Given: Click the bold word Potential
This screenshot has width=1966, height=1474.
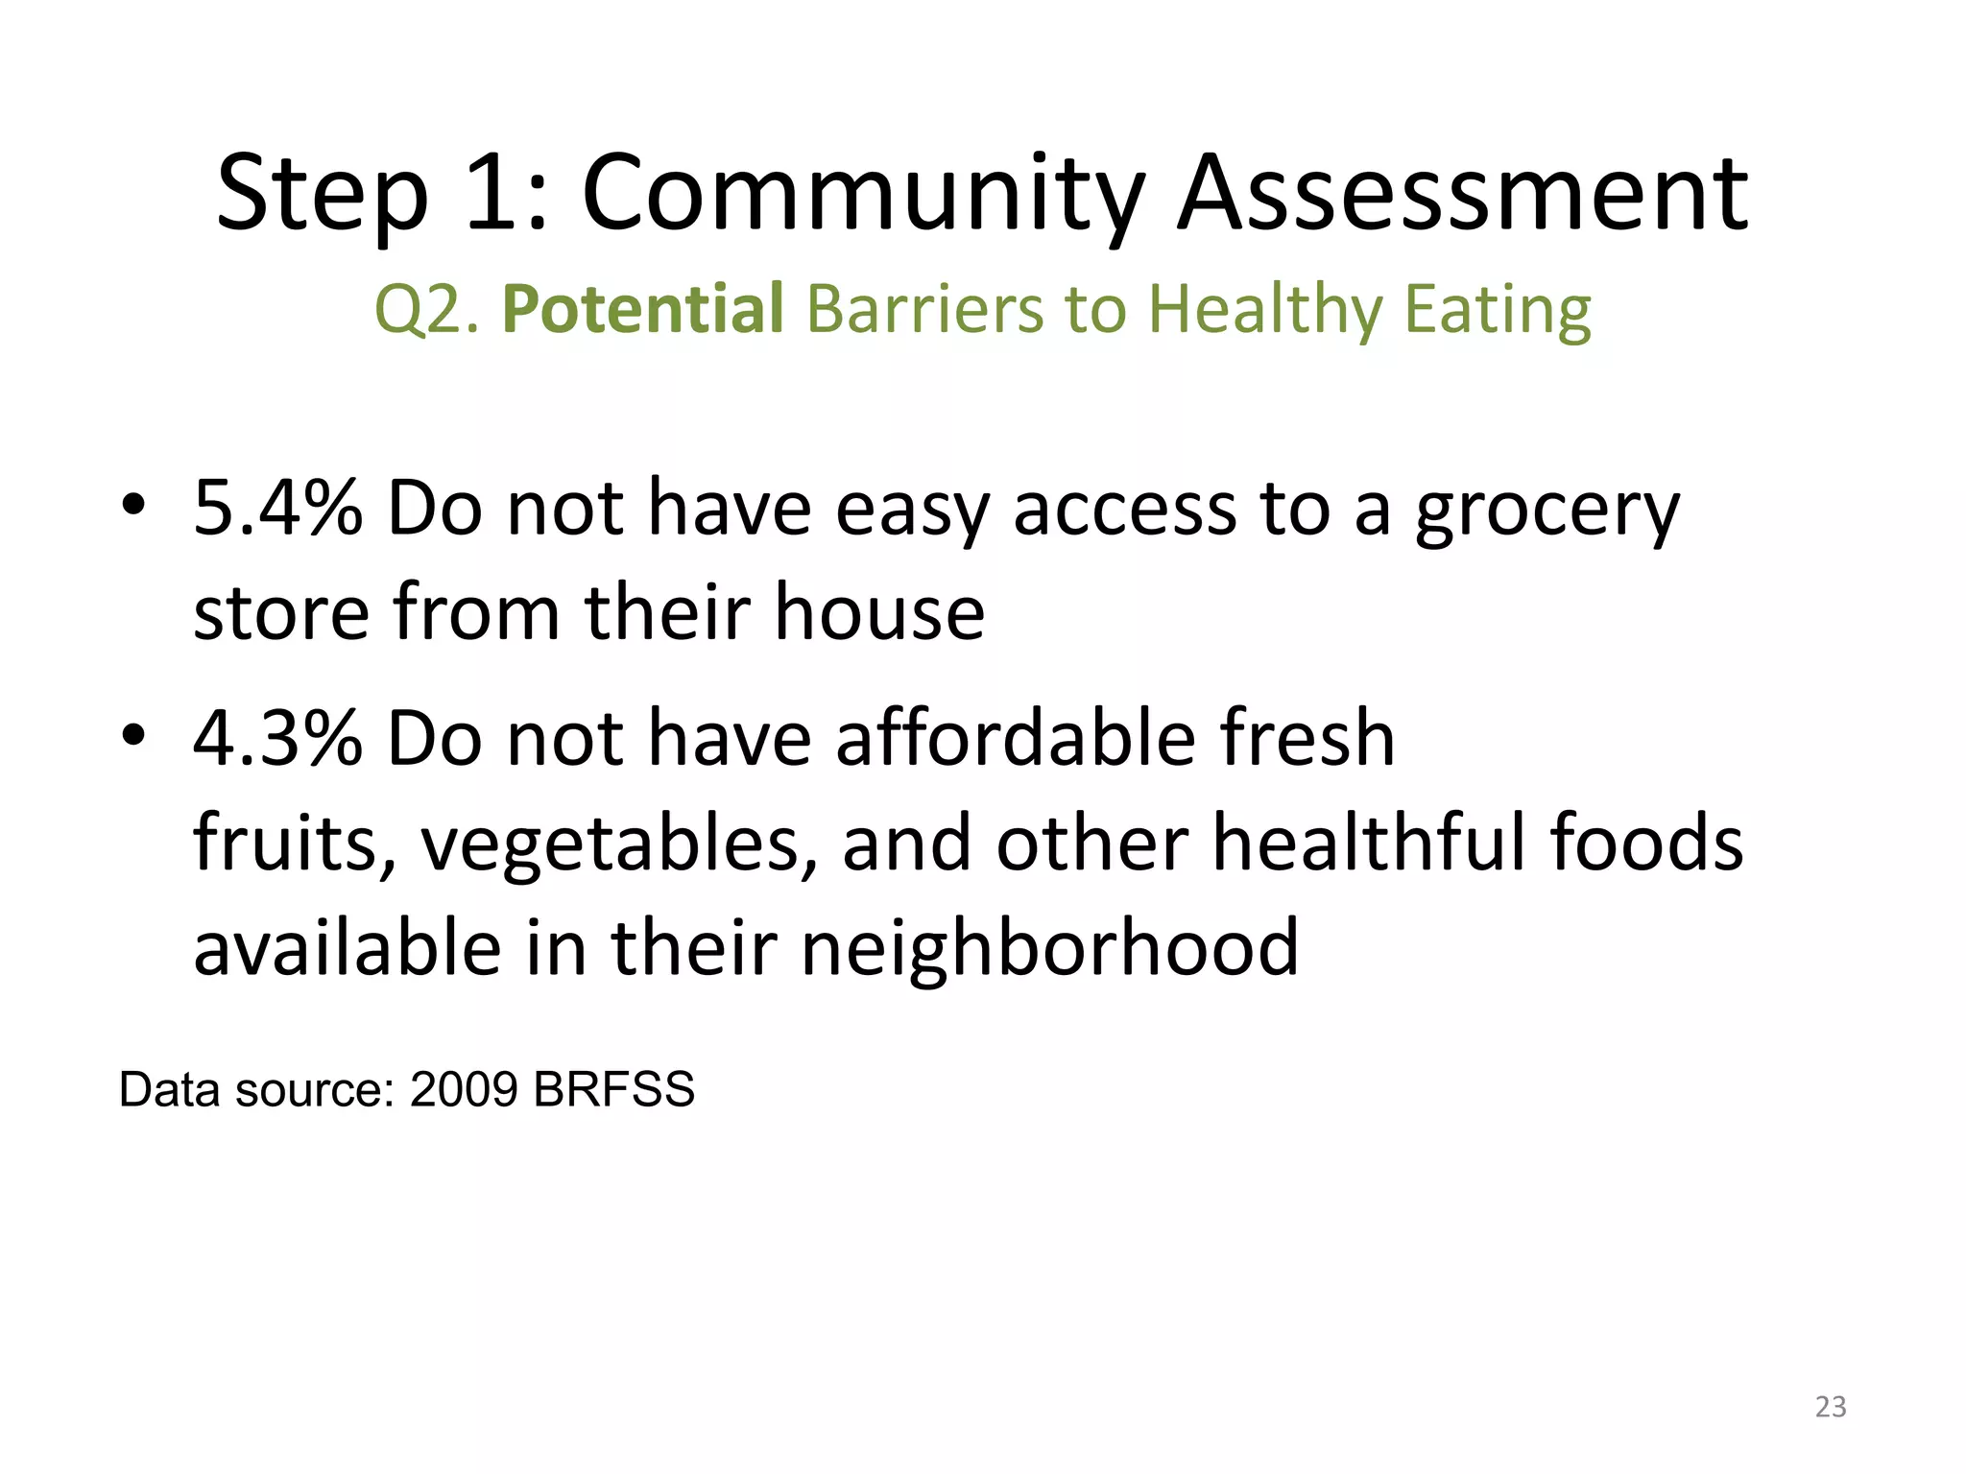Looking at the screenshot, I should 643,310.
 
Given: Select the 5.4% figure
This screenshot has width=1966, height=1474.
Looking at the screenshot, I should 278,509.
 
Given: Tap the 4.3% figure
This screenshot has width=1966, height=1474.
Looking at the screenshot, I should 278,739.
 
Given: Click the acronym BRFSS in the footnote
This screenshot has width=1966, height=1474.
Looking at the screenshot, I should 613,1090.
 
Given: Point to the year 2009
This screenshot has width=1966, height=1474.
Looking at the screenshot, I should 465,1090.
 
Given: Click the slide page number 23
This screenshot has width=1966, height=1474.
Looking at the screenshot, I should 1831,1407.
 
